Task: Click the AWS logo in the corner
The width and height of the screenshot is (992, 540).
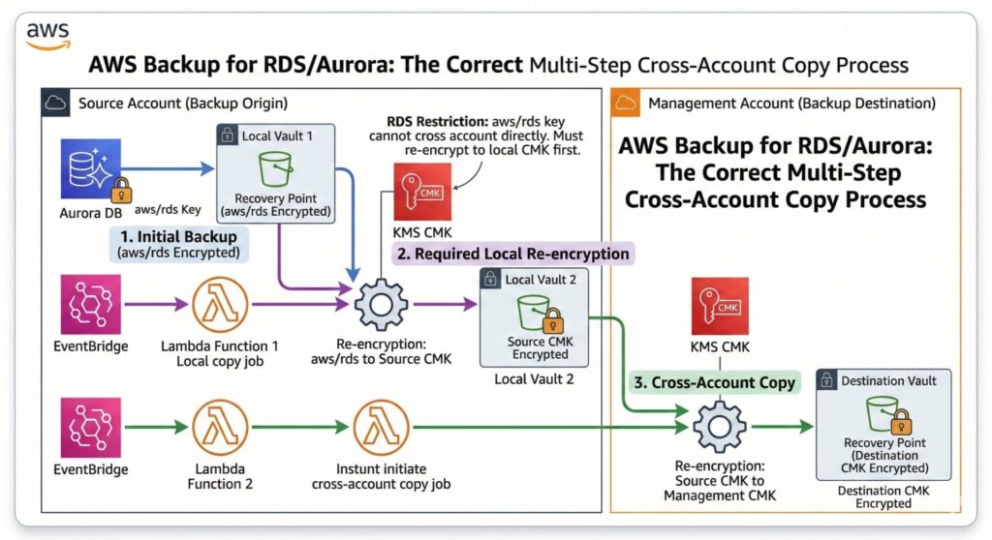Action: pos(46,37)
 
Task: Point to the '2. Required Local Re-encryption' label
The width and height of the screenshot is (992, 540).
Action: pos(512,254)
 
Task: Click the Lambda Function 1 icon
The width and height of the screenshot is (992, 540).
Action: pos(221,303)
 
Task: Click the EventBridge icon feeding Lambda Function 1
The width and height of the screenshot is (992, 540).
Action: pos(90,303)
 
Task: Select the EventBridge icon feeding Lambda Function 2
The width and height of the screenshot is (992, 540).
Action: pos(90,426)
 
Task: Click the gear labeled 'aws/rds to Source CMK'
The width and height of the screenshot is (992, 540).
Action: pos(380,304)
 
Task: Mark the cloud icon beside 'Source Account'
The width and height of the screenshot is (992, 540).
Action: pos(57,102)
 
